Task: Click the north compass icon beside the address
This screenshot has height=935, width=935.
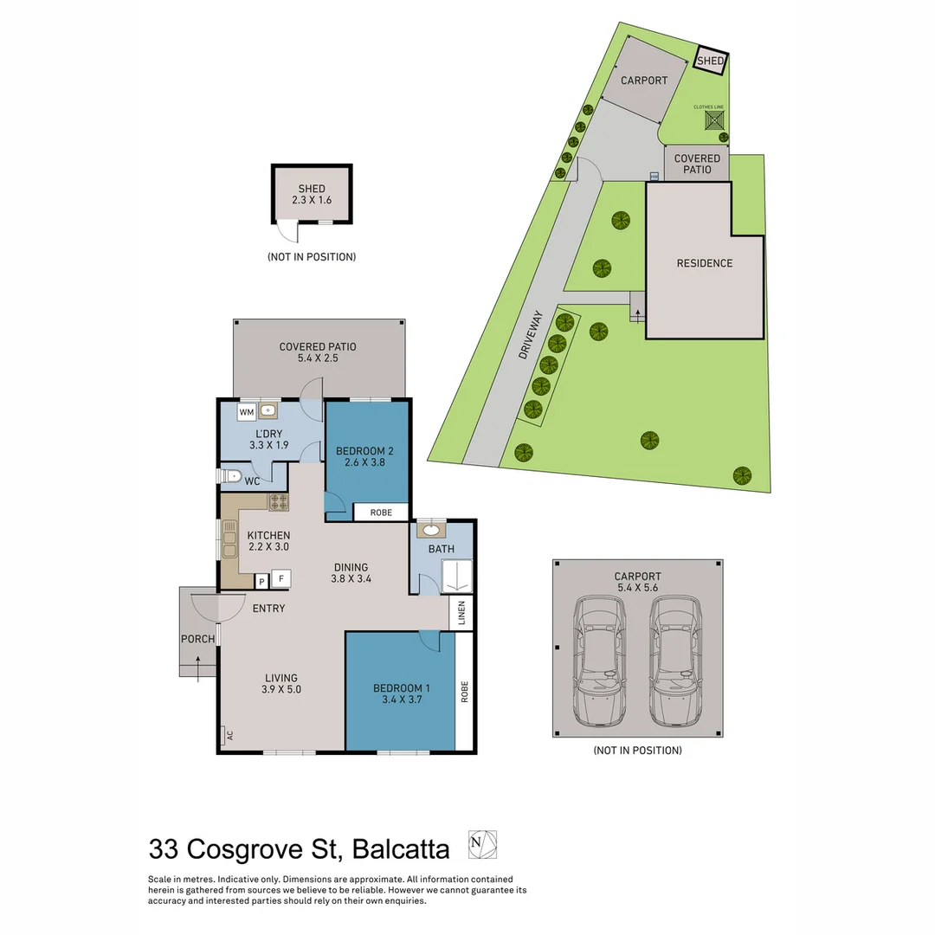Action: (x=482, y=844)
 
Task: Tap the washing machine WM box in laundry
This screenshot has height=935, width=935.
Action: (x=247, y=412)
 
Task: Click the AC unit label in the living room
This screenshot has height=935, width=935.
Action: (x=229, y=735)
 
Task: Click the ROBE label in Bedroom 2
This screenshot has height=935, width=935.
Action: (x=381, y=513)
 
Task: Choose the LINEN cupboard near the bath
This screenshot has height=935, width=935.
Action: (x=462, y=613)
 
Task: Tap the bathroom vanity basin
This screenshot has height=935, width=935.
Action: (x=430, y=531)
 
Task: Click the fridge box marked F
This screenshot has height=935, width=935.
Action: (x=281, y=579)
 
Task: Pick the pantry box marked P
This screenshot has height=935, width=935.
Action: (x=261, y=582)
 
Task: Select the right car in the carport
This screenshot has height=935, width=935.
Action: (x=675, y=662)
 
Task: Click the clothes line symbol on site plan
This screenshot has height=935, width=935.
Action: (x=713, y=121)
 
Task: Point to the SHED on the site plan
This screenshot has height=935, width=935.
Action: (x=711, y=61)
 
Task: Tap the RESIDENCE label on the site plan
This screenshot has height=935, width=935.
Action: (x=704, y=263)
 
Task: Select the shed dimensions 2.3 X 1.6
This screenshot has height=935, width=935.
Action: (x=312, y=200)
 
